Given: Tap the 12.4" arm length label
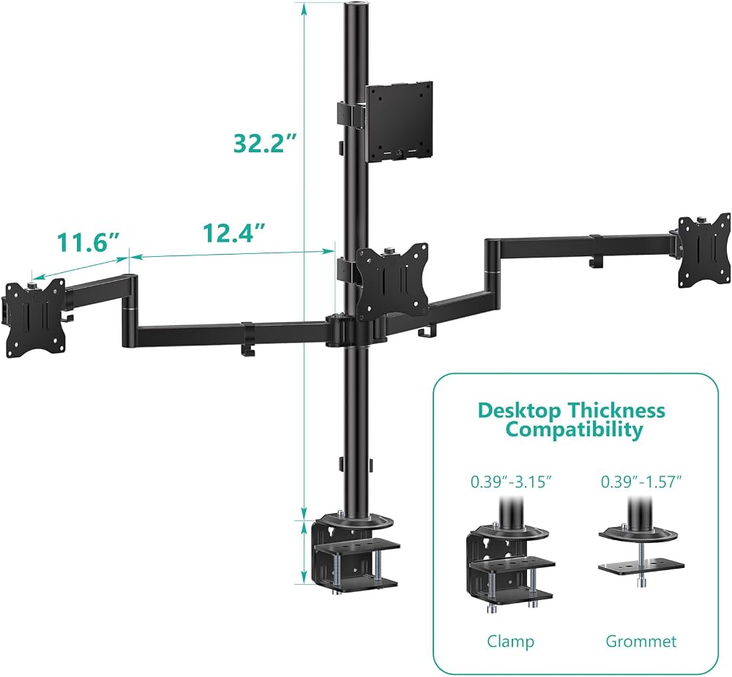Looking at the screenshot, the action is [234, 232].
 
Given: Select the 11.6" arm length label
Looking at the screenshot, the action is [88, 242].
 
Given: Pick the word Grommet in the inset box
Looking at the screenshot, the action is [640, 641].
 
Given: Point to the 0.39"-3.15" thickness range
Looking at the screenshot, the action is [511, 482].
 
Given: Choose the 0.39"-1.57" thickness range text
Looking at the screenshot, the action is [641, 482].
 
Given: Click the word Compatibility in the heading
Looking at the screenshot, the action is [574, 429].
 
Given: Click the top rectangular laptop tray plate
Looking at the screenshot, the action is [399, 122].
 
